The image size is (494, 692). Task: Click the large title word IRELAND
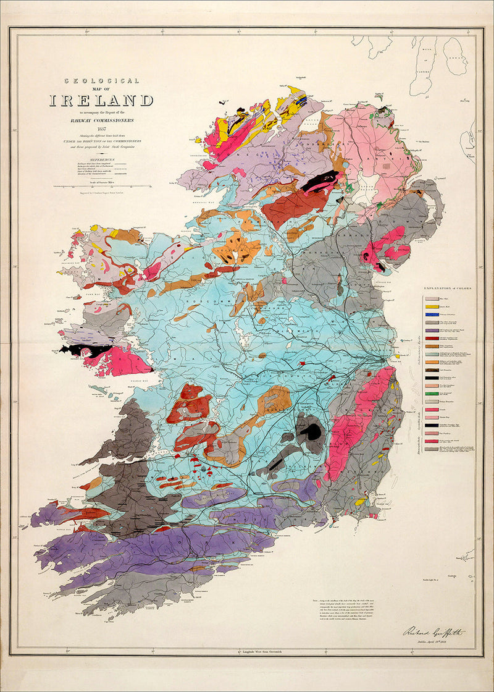(101, 100)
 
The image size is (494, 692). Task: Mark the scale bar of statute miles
(102, 185)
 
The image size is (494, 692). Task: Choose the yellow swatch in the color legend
(432, 306)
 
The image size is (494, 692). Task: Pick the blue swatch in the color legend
(432, 314)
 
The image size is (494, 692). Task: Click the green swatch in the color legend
(432, 393)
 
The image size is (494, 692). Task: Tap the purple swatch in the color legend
(432, 331)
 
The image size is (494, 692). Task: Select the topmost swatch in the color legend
(432, 298)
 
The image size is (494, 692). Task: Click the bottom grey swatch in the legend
(432, 449)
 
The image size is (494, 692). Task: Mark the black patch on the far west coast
(75, 350)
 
